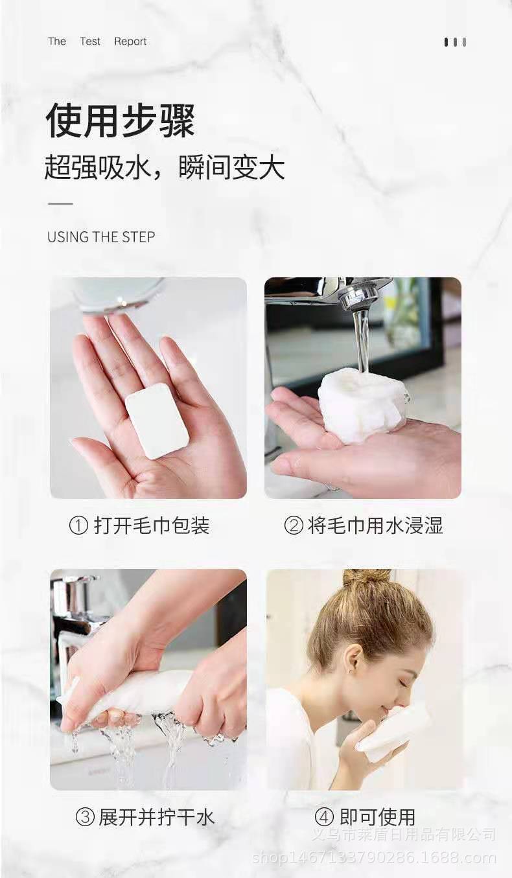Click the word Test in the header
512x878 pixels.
(x=90, y=41)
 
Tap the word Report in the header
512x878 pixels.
(x=130, y=41)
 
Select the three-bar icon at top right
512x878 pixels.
(x=455, y=42)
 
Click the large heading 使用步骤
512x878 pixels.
(x=120, y=121)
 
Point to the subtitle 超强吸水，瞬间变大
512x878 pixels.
(x=165, y=168)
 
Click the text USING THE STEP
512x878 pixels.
(x=101, y=237)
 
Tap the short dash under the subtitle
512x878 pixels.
(x=60, y=203)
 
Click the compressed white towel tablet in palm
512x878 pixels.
(x=157, y=421)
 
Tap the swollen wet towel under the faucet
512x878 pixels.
(x=363, y=405)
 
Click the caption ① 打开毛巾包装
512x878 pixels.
(x=139, y=526)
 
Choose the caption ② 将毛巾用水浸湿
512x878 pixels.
(x=364, y=526)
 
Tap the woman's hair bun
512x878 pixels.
(x=367, y=577)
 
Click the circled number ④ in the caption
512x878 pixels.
(x=323, y=817)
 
